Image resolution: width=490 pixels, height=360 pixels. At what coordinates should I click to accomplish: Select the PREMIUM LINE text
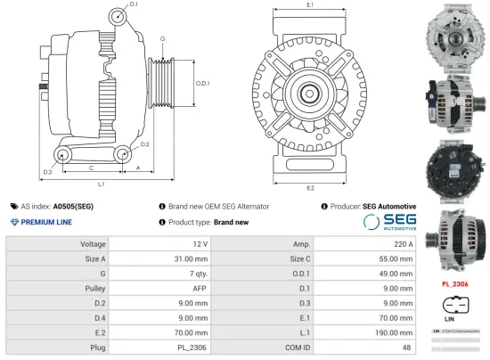46,222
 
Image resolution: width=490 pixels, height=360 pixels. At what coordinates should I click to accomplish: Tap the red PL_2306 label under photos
455,284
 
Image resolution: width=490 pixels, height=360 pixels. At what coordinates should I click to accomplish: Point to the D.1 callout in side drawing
134,5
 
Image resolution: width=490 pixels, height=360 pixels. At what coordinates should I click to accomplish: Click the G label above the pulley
162,39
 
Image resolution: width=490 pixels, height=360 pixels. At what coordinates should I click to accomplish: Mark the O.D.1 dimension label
202,83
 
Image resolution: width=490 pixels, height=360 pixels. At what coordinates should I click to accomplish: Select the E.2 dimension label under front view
309,188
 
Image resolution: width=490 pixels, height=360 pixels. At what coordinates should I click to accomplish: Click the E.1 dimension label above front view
309,5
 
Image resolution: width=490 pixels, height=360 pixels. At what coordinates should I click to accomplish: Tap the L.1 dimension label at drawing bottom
101,184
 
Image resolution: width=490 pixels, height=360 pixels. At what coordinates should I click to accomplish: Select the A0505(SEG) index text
73,206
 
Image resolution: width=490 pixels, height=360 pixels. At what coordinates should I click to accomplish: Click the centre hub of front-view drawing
309,92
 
